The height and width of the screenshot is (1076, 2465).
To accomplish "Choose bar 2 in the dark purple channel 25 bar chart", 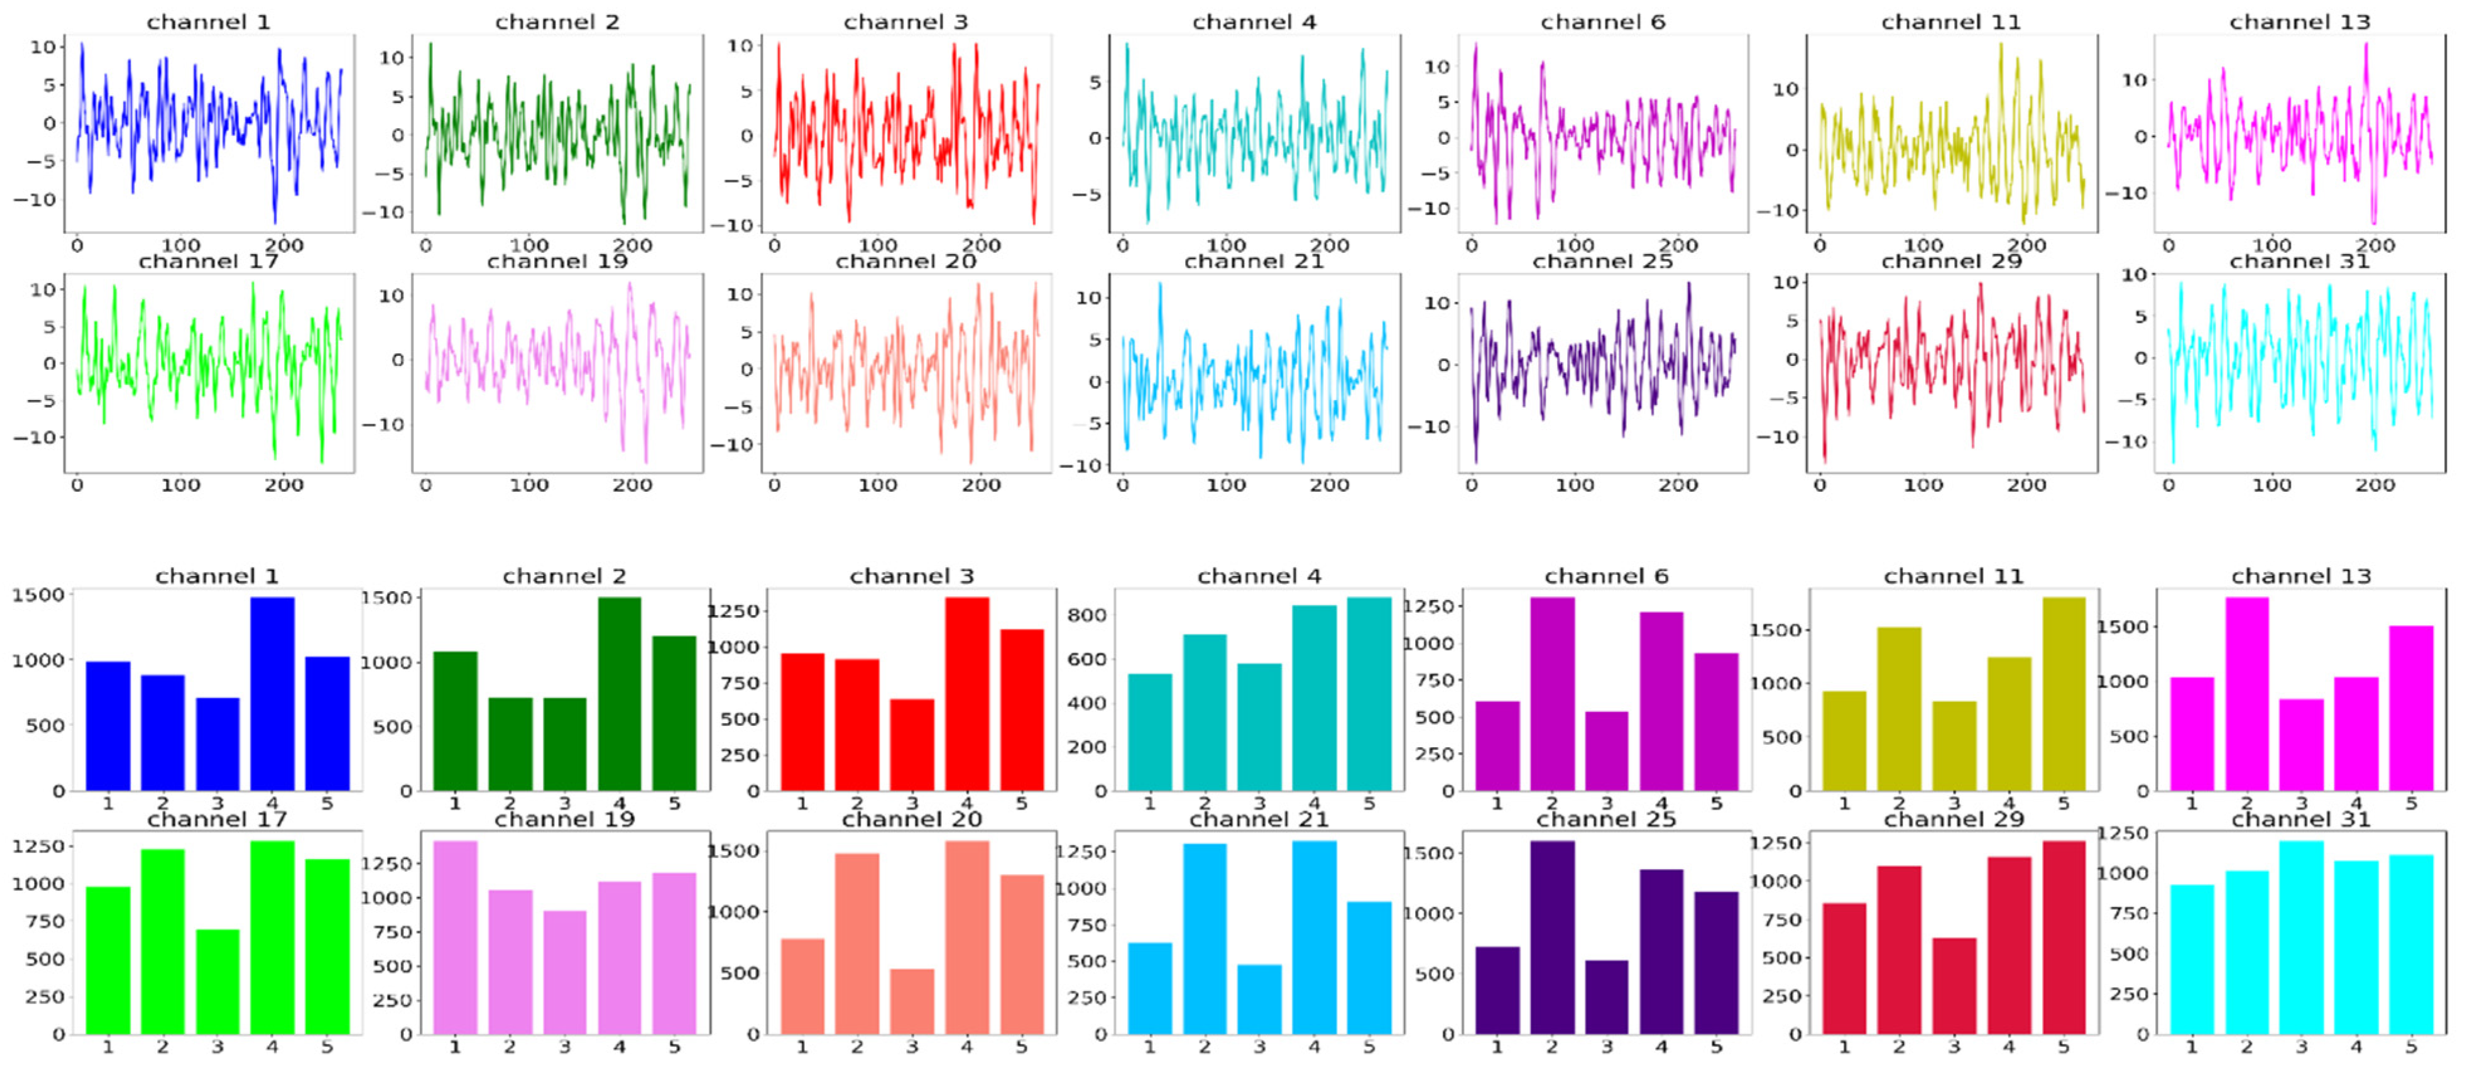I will pyautogui.click(x=1551, y=938).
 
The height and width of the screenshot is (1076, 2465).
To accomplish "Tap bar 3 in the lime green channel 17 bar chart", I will pyautogui.click(x=217, y=981).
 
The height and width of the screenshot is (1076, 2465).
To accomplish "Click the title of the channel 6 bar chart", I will pyautogui.click(x=1605, y=576).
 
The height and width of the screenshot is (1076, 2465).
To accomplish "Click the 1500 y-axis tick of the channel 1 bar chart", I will pyautogui.click(x=38, y=594).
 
